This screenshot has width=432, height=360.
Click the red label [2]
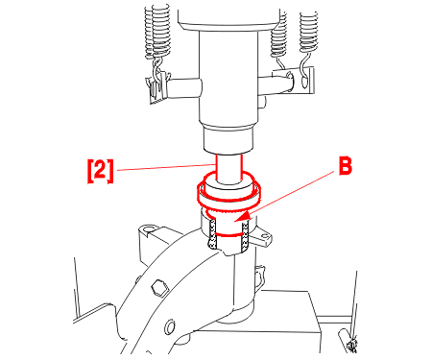click(101, 171)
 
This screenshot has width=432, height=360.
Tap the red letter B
click(346, 166)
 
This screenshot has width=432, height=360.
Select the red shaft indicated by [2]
click(228, 169)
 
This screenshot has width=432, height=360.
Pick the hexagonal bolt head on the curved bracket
click(159, 287)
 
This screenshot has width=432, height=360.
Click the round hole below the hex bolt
click(170, 326)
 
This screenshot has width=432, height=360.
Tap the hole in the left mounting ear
click(148, 229)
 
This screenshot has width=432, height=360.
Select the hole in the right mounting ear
click(266, 237)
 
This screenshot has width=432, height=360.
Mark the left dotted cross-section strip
click(212, 234)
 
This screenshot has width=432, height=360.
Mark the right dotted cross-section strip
click(245, 237)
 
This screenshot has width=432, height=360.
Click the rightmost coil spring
click(309, 32)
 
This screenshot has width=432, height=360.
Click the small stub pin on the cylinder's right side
click(262, 102)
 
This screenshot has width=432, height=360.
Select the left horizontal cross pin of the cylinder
click(184, 88)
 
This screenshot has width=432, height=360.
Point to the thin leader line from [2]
click(165, 167)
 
